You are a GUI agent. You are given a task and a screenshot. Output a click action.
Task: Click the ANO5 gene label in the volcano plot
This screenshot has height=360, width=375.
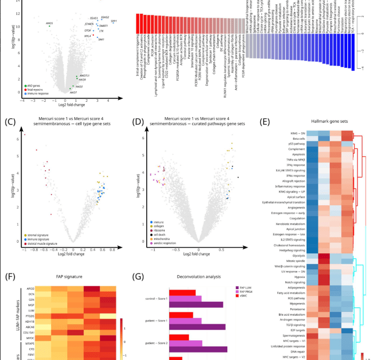point(49,23)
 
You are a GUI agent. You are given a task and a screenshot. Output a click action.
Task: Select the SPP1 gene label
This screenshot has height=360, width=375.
point(114,20)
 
